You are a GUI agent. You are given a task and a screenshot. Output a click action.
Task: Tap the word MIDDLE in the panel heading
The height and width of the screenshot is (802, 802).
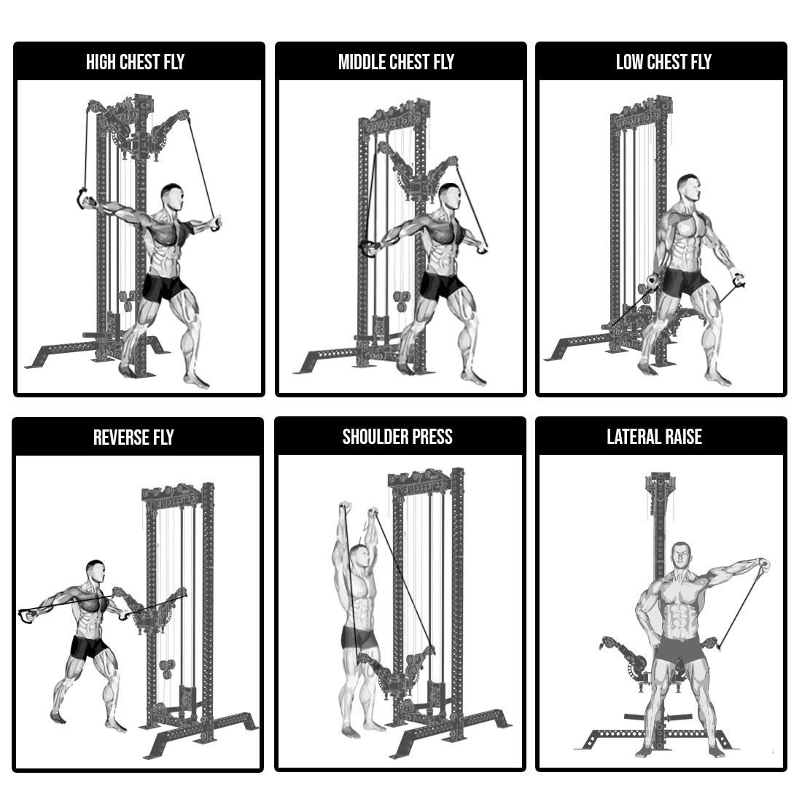point(362,62)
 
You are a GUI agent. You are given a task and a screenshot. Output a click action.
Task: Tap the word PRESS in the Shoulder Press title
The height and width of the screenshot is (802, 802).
point(432,437)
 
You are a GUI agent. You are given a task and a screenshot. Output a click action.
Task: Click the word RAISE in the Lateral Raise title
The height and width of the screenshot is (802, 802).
point(683,437)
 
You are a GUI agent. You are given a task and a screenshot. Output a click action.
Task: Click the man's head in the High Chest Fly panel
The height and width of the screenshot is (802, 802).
point(172,198)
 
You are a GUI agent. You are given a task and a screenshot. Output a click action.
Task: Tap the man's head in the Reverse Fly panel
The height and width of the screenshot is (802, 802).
point(96,572)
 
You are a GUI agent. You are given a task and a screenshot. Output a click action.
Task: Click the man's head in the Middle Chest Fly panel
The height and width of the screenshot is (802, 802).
point(450,197)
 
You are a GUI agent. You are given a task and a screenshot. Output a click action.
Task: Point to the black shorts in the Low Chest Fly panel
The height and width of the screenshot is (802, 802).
point(686,283)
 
